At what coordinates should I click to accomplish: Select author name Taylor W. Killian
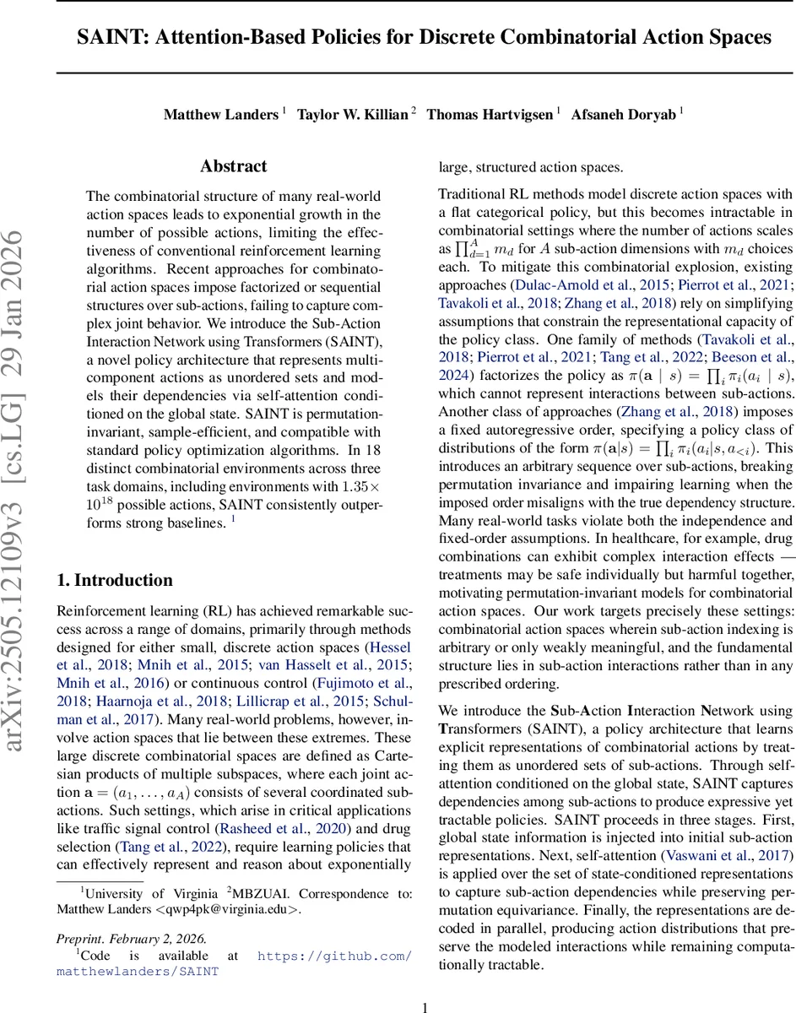pyautogui.click(x=352, y=115)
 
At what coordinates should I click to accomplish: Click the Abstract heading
pyautogui.click(x=233, y=166)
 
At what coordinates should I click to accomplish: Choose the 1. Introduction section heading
pyautogui.click(x=114, y=556)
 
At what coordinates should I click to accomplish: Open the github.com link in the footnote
pyautogui.click(x=334, y=956)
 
